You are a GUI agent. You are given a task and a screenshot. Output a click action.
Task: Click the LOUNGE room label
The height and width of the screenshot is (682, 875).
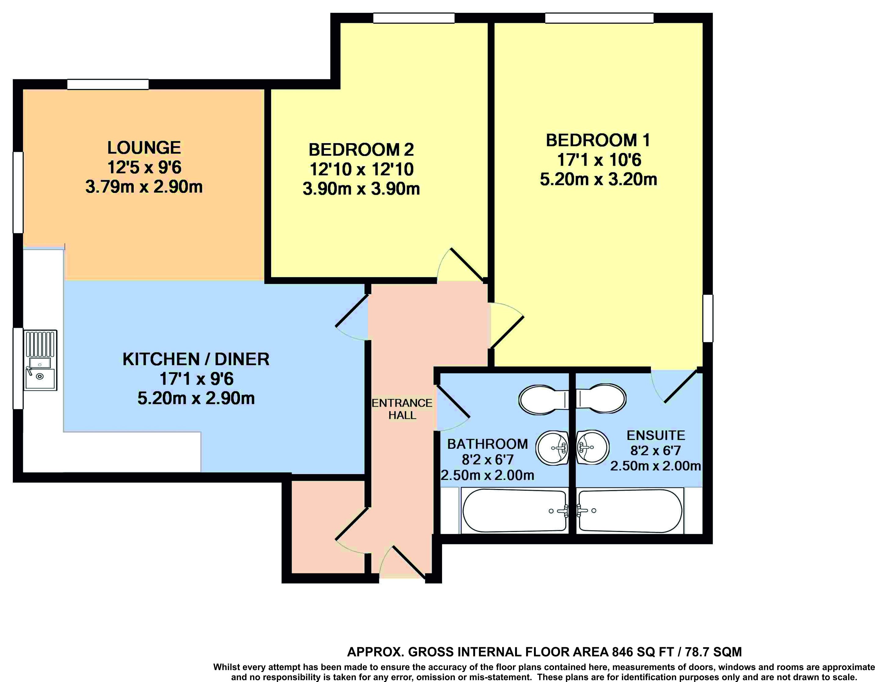tap(144, 147)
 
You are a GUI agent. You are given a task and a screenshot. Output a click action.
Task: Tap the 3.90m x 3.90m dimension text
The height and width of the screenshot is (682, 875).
tap(361, 189)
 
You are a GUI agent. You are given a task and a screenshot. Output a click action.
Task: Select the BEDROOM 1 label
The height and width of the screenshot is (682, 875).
tap(598, 140)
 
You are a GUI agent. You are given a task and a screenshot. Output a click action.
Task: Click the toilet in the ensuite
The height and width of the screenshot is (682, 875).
tap(601, 399)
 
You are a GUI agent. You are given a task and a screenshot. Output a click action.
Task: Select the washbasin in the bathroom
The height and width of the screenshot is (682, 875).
tap(552, 448)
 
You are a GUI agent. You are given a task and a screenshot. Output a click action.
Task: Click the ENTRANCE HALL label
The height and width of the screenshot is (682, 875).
tap(402, 409)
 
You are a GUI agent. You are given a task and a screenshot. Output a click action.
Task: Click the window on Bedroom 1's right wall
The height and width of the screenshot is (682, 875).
tap(708, 318)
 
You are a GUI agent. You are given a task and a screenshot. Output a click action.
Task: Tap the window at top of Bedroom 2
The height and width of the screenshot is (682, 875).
tap(414, 18)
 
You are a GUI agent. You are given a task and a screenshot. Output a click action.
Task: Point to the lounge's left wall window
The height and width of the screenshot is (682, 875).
tap(18, 192)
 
